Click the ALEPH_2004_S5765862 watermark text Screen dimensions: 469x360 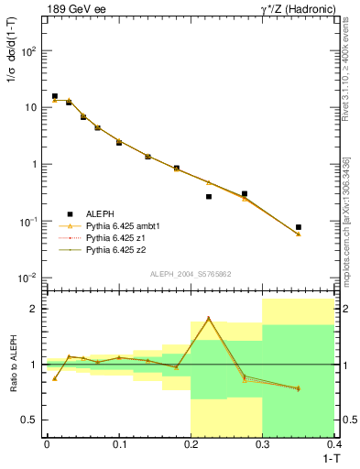[191, 274]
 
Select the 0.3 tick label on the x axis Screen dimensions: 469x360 [262, 445]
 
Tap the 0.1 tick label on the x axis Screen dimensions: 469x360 [118, 445]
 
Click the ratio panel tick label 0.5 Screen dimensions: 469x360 [29, 420]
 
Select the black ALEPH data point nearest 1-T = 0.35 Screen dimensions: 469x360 [299, 227]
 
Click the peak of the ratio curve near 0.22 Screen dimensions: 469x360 [209, 318]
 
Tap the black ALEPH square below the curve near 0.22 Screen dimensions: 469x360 [209, 196]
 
